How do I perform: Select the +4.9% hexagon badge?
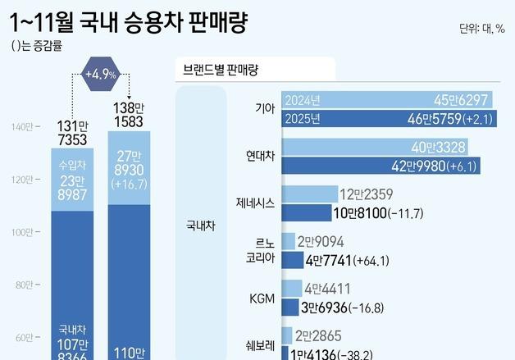(x=101, y=75)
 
